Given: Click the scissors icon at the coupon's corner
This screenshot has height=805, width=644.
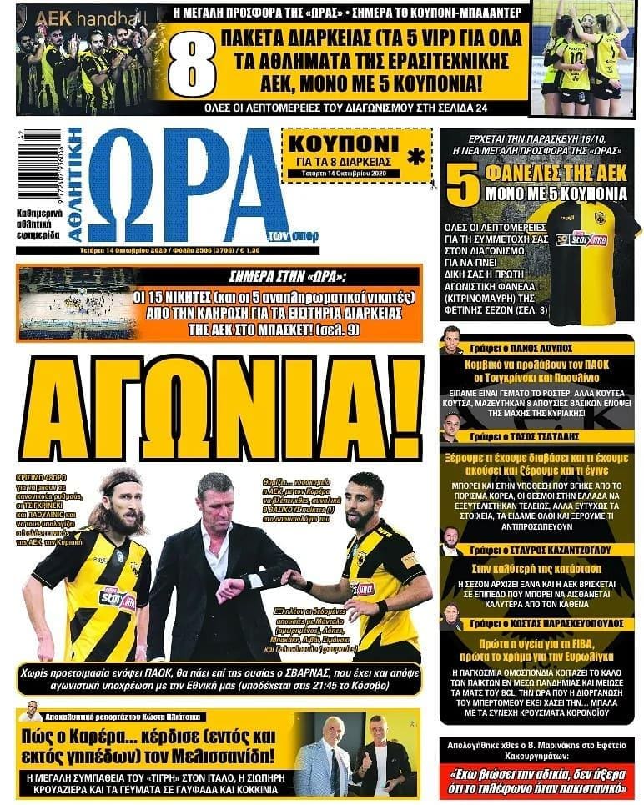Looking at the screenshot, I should click(x=435, y=185).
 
